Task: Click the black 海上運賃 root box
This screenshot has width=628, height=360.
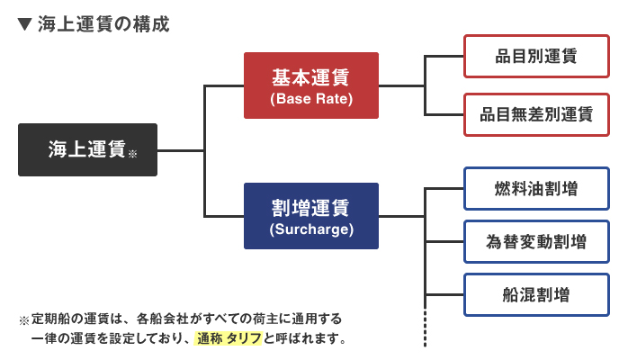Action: pos(87,149)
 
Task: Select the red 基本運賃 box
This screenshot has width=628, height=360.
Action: pos(311,85)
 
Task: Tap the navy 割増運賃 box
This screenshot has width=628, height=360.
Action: pos(311,216)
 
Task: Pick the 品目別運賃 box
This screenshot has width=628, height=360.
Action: pos(537,56)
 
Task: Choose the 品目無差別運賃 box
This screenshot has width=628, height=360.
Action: pos(537,115)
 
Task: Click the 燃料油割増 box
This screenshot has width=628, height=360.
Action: pos(537,189)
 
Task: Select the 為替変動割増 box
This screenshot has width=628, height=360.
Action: pos(537,242)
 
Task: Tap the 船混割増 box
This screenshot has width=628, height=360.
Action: pos(537,295)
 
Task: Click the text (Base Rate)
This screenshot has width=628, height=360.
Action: pos(311,98)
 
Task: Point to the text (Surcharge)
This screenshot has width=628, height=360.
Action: pos(311,229)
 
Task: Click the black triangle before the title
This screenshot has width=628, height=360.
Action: pos(25,24)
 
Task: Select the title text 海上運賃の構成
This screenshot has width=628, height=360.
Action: pos(103,24)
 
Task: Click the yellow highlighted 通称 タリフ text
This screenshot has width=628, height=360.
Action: pos(229,338)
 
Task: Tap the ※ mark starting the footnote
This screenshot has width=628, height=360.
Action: pos(24,320)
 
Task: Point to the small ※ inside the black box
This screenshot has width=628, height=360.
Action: pos(132,153)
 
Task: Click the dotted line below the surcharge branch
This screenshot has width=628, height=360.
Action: pos(425,328)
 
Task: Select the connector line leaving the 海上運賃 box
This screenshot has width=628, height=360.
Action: pos(181,150)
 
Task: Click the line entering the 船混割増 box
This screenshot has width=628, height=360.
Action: pos(444,295)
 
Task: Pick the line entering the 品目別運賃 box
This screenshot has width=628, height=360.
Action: pos(444,57)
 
